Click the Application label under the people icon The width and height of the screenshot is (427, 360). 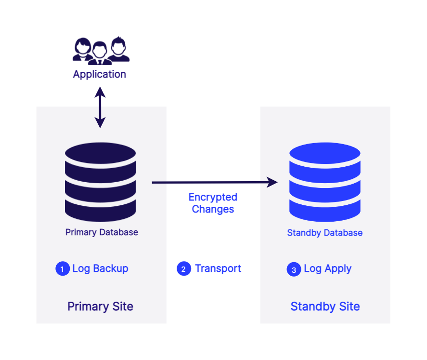[99, 74]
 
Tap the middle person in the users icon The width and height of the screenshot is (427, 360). [100, 53]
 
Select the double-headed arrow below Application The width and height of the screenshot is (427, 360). [100, 107]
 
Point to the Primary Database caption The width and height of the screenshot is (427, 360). [102, 232]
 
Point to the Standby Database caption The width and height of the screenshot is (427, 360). [324, 233]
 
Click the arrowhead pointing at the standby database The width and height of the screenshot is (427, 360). [273, 182]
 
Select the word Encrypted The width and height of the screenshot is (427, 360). [213, 197]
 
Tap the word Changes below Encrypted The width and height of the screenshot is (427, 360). [213, 209]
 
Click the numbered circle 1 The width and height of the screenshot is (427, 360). [63, 269]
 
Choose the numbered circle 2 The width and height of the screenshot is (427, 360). [184, 269]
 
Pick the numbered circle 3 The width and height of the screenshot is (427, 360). [294, 269]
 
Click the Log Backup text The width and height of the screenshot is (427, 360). [100, 268]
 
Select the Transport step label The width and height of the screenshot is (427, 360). [218, 268]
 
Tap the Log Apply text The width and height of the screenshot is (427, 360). [327, 268]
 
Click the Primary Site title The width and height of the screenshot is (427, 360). [100, 307]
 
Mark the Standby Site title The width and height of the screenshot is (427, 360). [325, 307]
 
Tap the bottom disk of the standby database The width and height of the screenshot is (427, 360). [324, 211]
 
